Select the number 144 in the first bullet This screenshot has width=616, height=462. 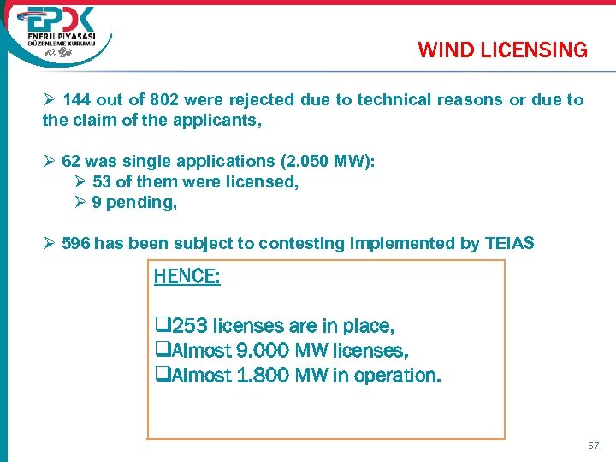(76, 100)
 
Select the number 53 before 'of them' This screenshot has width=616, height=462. (101, 181)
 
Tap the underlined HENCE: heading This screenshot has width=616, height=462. (187, 277)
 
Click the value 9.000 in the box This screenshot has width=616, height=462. (256, 350)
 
